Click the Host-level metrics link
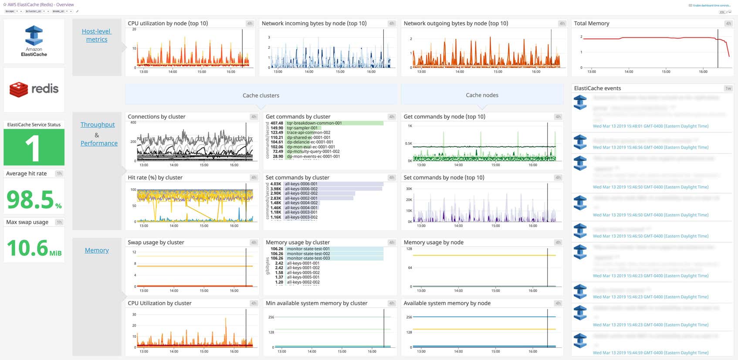[x=97, y=35]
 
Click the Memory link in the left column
[x=97, y=250]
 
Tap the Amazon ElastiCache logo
[x=34, y=41]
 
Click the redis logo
[x=34, y=89]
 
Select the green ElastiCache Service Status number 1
[x=34, y=148]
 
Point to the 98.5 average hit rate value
[x=30, y=200]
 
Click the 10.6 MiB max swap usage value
[x=27, y=248]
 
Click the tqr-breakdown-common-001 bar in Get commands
[x=314, y=123]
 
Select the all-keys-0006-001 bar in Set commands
[x=301, y=184]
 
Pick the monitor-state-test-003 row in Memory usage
[x=308, y=258]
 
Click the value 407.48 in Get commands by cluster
[x=277, y=123]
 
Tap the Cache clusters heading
[x=261, y=95]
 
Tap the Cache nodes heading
[x=482, y=95]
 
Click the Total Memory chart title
[x=592, y=24]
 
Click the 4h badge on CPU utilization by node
[x=250, y=24]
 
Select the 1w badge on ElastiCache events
[x=728, y=88]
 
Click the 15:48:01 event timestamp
[x=650, y=126]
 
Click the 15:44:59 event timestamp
[x=650, y=353]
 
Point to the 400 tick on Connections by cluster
[x=133, y=122]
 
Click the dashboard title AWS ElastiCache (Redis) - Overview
[x=41, y=5]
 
